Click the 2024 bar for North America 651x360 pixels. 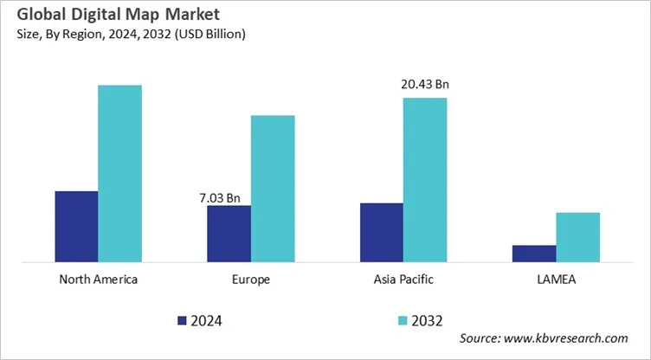76,226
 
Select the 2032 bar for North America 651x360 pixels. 119,173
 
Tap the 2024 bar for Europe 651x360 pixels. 229,233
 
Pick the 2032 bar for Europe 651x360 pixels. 273,188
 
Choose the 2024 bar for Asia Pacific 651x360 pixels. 381,232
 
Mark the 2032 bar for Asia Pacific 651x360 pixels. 425,179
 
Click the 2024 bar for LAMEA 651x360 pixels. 534,253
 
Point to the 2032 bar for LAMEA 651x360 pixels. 577,236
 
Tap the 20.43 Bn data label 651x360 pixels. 425,85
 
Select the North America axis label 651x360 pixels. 98,280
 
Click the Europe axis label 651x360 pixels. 251,280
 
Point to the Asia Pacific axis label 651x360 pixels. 403,280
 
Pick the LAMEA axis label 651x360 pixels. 556,280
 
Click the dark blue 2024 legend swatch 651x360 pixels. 182,320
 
